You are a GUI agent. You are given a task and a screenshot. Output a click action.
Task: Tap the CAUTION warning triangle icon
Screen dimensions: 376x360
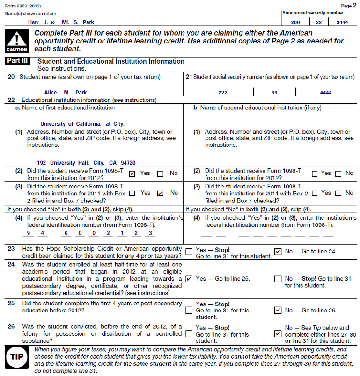pos(17,41)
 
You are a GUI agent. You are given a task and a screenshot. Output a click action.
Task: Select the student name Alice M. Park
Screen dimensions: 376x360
pos(66,93)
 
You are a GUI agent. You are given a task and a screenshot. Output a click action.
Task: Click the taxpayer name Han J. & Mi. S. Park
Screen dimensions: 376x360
pos(61,22)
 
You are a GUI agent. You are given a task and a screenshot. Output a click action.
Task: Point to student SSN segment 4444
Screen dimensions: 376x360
pos(326,93)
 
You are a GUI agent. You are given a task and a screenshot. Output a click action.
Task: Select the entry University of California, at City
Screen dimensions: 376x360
pos(82,124)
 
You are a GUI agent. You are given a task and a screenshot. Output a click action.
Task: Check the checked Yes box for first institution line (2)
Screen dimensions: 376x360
pos(132,174)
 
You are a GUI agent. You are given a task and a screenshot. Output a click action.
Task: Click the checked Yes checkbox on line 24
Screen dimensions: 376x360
pos(189,279)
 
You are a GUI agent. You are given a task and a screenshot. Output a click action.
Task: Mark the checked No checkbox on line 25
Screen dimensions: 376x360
pos(278,310)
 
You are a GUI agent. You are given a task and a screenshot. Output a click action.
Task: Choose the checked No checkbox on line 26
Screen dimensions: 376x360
pos(278,334)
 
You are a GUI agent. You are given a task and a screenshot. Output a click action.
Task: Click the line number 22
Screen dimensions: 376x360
pos(11,100)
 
